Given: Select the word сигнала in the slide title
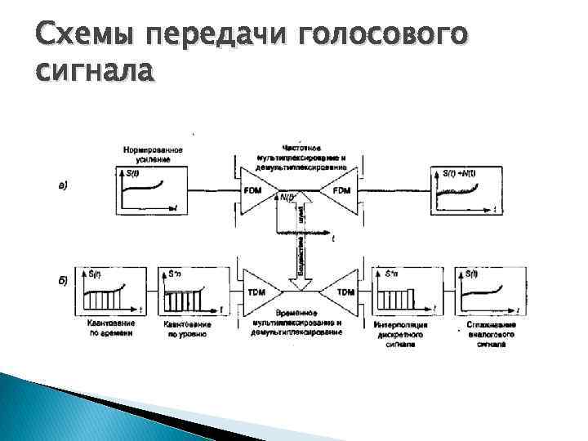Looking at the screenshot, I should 95,72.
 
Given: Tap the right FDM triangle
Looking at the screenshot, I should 336,192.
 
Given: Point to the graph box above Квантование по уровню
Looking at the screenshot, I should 189,291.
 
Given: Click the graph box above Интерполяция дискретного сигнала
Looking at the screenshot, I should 401,291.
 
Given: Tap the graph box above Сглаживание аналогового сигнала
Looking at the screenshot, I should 488,289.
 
